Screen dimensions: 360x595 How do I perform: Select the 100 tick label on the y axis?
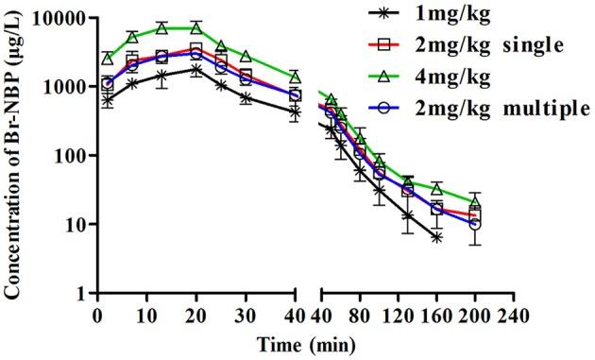coord(68,156)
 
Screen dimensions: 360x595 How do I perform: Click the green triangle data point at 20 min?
coord(195,28)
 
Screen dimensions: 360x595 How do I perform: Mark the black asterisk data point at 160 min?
coord(435,237)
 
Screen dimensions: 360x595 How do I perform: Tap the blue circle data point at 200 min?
coord(474,225)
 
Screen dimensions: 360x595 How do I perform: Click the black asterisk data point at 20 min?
coord(195,69)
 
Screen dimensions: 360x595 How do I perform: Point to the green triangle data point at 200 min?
coord(474,201)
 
